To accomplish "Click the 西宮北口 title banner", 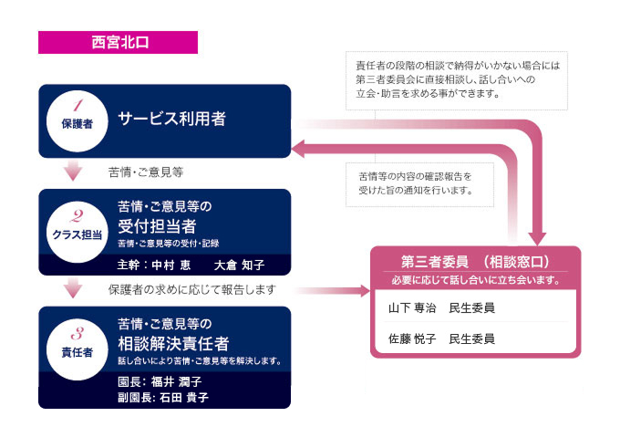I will pyautogui.click(x=118, y=43).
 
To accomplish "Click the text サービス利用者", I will pyautogui.click(x=172, y=119).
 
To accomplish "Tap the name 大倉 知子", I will pyautogui.click(x=239, y=266).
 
